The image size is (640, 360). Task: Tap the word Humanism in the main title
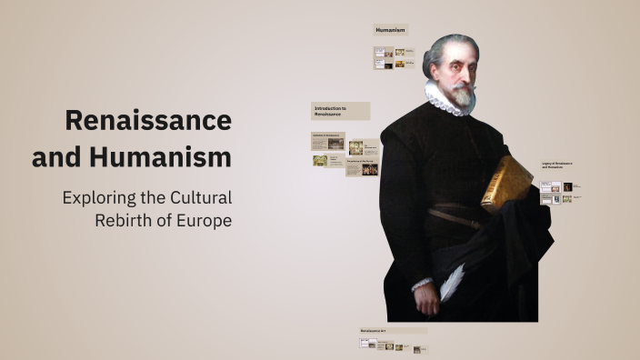pyautogui.click(x=160, y=156)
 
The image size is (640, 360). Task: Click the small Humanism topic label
pyautogui.click(x=390, y=30)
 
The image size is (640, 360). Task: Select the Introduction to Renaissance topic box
pyautogui.click(x=341, y=111)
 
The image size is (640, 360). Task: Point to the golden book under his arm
pyautogui.click(x=505, y=182)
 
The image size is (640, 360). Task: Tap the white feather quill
pyautogui.click(x=452, y=282)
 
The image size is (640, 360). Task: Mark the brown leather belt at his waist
pyautogui.click(x=455, y=218)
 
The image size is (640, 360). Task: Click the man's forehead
pyautogui.click(x=455, y=52)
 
